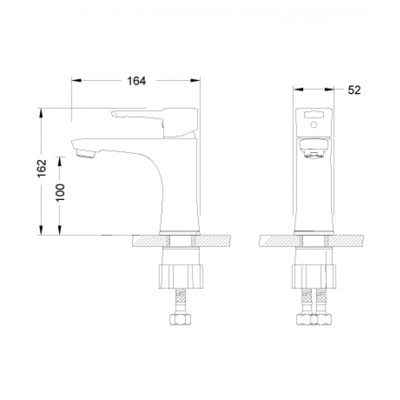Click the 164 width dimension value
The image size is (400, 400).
pos(136,81)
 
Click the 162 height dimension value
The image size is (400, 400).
pos(42,168)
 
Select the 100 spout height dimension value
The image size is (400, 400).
pos(60,192)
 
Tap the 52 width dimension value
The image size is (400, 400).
pos(354,90)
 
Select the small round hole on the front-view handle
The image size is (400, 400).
pos(314,124)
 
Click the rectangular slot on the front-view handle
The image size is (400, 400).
pos(314,114)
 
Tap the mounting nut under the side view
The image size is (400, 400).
pos(181,276)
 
